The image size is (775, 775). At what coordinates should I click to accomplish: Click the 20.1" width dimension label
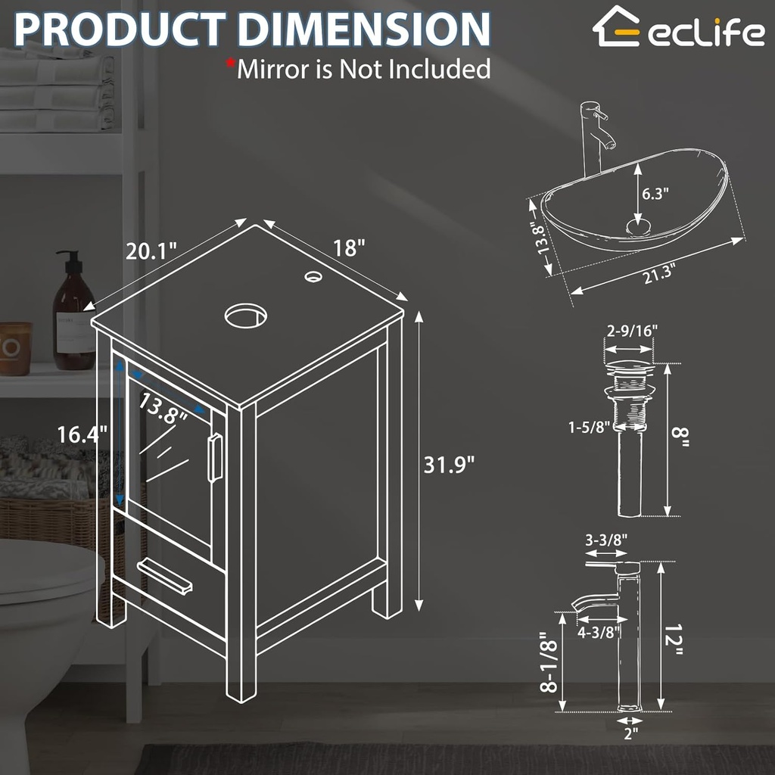pos(151,251)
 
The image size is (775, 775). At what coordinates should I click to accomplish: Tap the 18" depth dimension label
pos(349,247)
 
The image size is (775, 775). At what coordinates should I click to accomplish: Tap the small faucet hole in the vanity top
pos(312,277)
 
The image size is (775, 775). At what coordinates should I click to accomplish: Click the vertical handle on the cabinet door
pos(215,456)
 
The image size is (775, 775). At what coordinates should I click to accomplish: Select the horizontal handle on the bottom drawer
pos(165,576)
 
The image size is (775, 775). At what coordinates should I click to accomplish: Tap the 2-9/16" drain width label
pos(632,330)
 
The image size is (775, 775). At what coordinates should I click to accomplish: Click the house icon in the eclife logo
pos(615,26)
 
